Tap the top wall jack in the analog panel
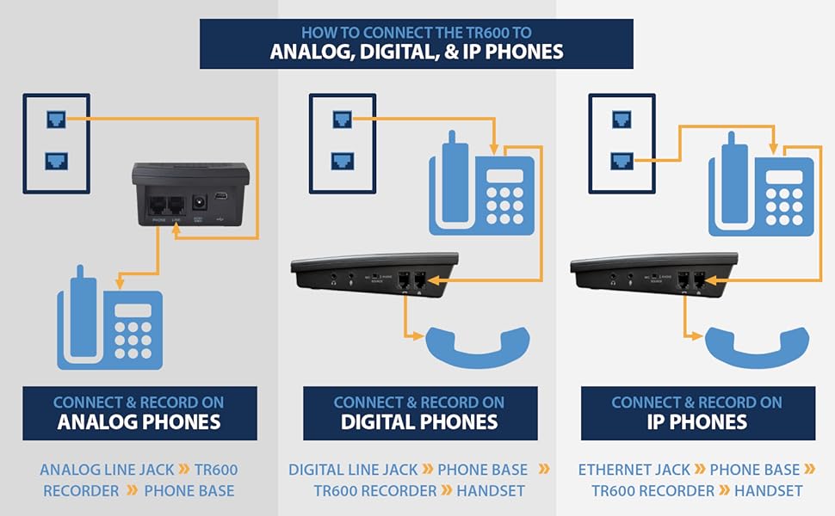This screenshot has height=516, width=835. tap(56, 119)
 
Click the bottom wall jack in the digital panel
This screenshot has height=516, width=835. tap(343, 160)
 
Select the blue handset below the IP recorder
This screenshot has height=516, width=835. tap(757, 346)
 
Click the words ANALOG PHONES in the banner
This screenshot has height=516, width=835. tap(139, 422)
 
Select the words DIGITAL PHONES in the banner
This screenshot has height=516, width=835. tap(419, 422)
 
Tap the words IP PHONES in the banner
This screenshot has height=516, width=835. tap(697, 422)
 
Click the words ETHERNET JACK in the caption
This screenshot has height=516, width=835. tap(634, 470)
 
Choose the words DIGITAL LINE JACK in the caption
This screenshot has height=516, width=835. tap(353, 470)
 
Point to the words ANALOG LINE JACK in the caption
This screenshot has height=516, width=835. tap(108, 470)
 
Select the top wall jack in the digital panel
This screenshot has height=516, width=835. tap(343, 119)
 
